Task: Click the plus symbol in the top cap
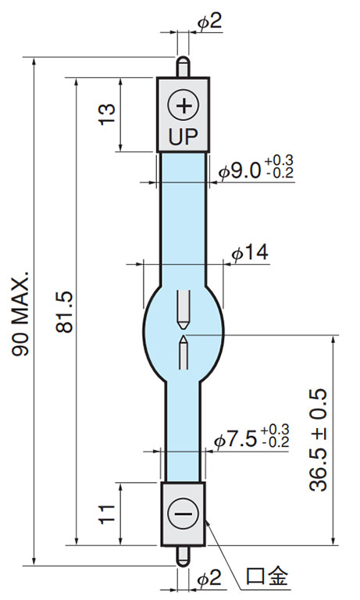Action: tap(184, 105)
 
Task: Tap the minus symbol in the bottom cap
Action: tap(184, 513)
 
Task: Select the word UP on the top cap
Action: tap(184, 137)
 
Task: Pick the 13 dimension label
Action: tap(107, 114)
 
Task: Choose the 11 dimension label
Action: tap(107, 514)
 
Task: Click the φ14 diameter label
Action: tap(250, 252)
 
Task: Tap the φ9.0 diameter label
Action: tap(240, 170)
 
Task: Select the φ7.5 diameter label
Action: tap(235, 440)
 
